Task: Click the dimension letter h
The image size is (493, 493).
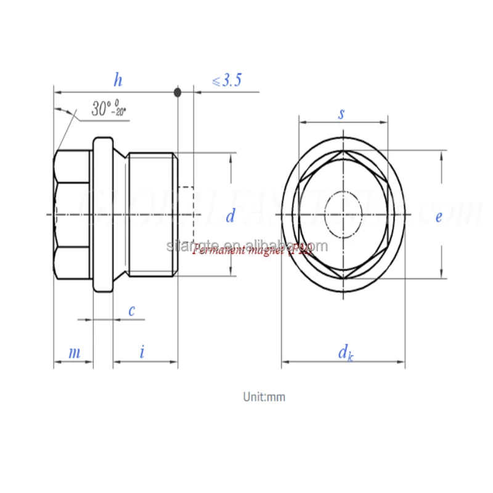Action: coord(118,79)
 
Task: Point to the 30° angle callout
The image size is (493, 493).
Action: coord(108,110)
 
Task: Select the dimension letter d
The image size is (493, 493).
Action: coord(230,216)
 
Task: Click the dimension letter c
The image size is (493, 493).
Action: coord(131,311)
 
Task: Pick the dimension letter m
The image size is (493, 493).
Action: coord(74,352)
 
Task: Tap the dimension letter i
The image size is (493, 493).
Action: coord(142,352)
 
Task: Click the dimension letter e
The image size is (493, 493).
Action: coord(439,217)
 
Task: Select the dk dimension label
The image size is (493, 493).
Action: coord(345,353)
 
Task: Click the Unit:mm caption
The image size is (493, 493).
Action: coord(264,397)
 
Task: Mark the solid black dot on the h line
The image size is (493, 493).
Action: coord(177,92)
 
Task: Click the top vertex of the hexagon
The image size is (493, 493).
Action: coord(343,151)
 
